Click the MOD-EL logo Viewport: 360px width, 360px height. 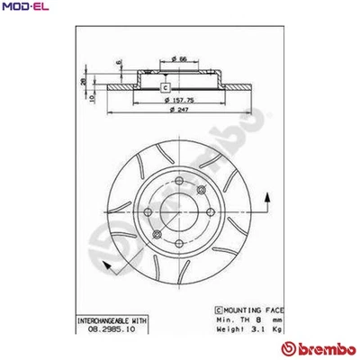pyautogui.click(x=26, y=8)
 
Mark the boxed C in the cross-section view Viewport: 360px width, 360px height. pyautogui.click(x=164, y=87)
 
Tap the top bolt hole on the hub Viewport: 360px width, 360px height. pyautogui.click(x=180, y=186)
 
